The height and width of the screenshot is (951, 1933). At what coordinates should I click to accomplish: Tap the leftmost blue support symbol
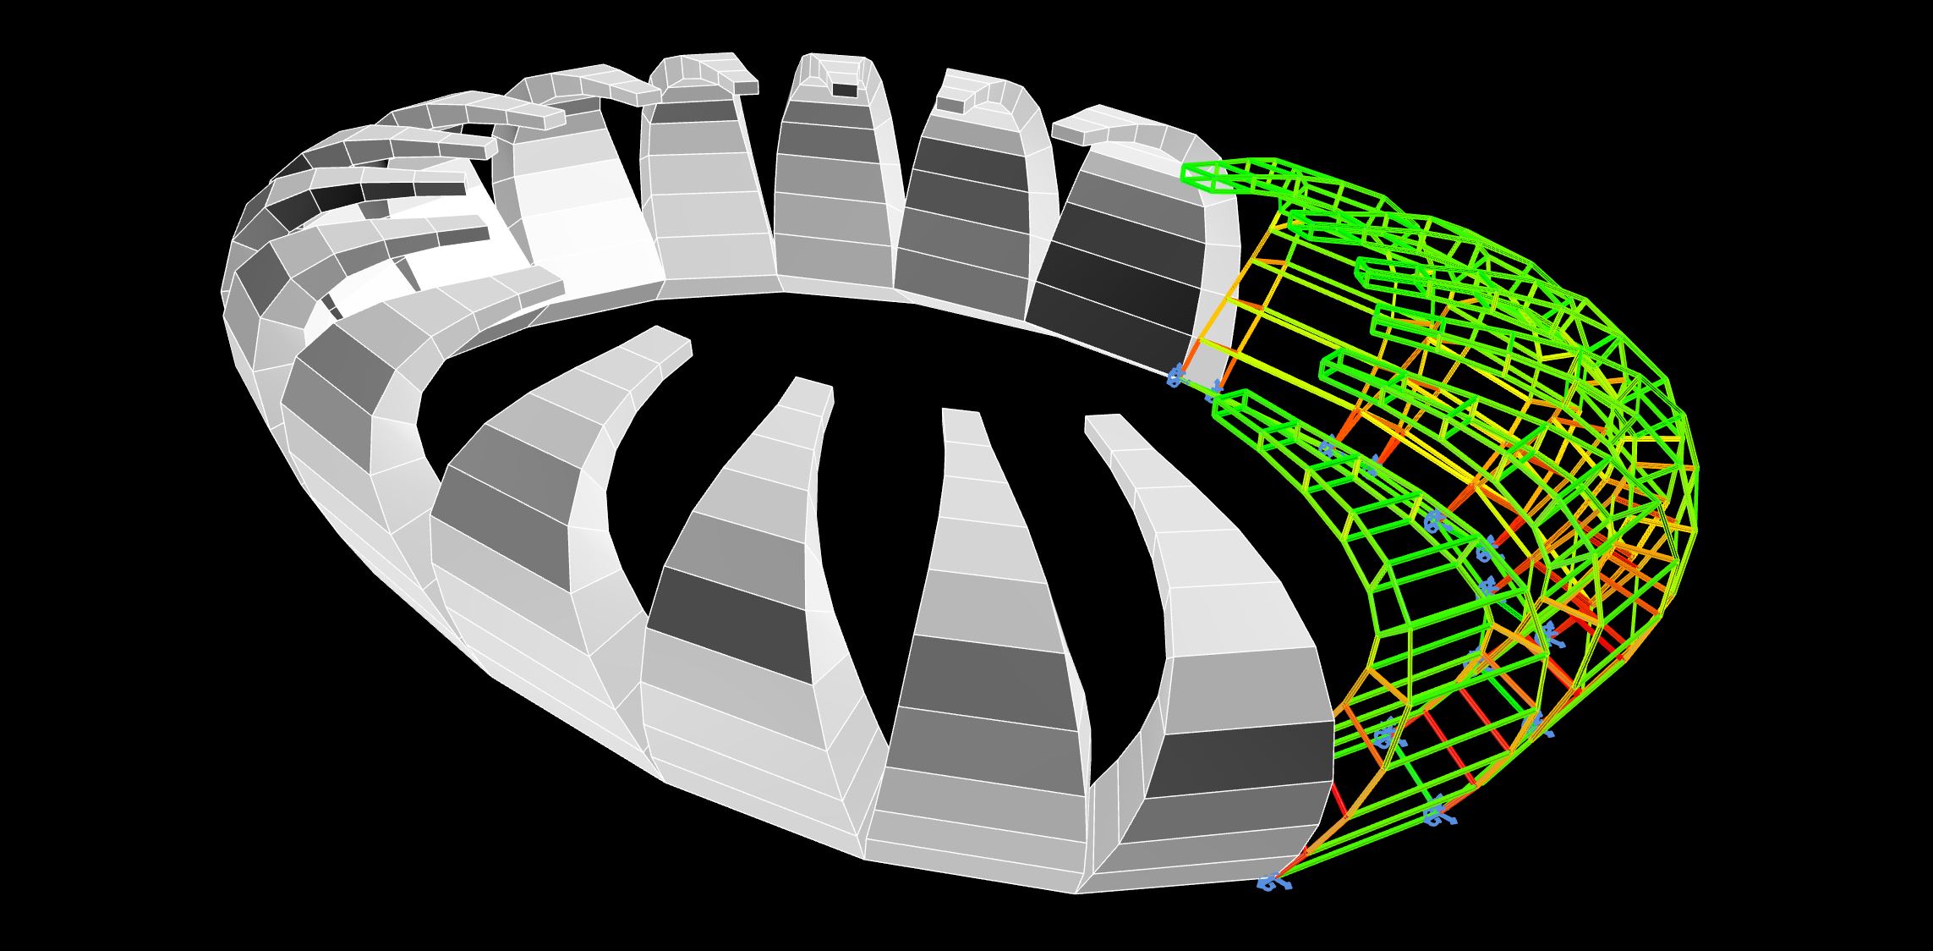pyautogui.click(x=1175, y=377)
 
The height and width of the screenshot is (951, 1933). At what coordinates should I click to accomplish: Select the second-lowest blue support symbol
pyautogui.click(x=1437, y=816)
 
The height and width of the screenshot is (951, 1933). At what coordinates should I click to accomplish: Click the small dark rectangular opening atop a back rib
pyautogui.click(x=844, y=89)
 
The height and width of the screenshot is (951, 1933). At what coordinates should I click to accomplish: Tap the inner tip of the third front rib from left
pyautogui.click(x=961, y=412)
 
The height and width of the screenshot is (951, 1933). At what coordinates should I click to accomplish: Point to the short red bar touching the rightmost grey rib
pyautogui.click(x=1339, y=800)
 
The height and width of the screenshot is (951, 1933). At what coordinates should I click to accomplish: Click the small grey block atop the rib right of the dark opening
pyautogui.click(x=950, y=105)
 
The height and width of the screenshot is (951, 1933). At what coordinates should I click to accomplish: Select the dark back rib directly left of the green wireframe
pyautogui.click(x=1116, y=271)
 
